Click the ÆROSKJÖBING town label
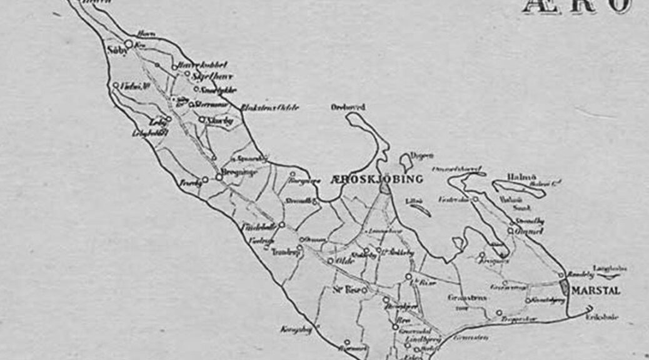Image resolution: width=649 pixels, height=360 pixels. click(x=376, y=179)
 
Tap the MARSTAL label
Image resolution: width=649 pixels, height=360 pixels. click(x=595, y=291)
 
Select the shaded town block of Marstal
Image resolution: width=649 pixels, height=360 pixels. click(x=565, y=288)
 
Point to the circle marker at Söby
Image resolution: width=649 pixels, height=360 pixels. click(x=128, y=44)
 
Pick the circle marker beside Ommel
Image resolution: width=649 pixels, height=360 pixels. click(x=510, y=231)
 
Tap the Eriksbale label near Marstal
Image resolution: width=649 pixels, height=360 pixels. click(x=602, y=317)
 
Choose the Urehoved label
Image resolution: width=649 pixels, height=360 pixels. click(x=348, y=107)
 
